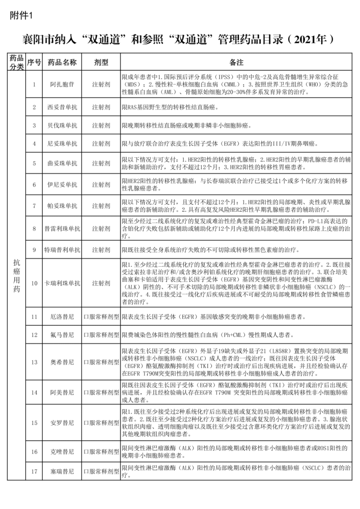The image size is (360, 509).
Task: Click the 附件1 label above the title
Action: pyautogui.click(x=21, y=15)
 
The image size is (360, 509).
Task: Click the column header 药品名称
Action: pyautogui.click(x=63, y=62)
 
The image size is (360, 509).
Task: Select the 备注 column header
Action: pyautogui.click(x=237, y=62)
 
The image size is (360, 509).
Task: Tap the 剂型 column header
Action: pyautogui.click(x=101, y=62)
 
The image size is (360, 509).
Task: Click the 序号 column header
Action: pyautogui.click(x=34, y=62)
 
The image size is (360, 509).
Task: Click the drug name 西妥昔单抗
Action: pyautogui.click(x=63, y=107)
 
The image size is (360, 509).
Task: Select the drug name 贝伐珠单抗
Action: pyautogui.click(x=63, y=125)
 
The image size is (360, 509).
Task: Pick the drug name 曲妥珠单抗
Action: pyautogui.click(x=63, y=163)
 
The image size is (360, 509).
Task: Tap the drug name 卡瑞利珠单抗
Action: pyautogui.click(x=63, y=283)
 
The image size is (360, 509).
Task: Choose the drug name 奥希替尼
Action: pyautogui.click(x=63, y=362)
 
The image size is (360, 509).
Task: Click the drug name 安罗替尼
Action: pyautogui.click(x=63, y=422)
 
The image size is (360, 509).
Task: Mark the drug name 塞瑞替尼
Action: pyautogui.click(x=63, y=472)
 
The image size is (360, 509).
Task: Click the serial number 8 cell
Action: pyautogui.click(x=34, y=229)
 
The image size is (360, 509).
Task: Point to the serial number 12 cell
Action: pyautogui.click(x=34, y=335)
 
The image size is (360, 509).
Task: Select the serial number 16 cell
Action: pyautogui.click(x=34, y=451)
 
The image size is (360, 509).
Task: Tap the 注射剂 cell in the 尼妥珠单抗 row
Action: pyautogui.click(x=101, y=144)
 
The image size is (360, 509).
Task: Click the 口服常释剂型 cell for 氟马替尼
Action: pyautogui.click(x=101, y=335)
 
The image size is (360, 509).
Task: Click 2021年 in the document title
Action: pyautogui.click(x=307, y=39)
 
